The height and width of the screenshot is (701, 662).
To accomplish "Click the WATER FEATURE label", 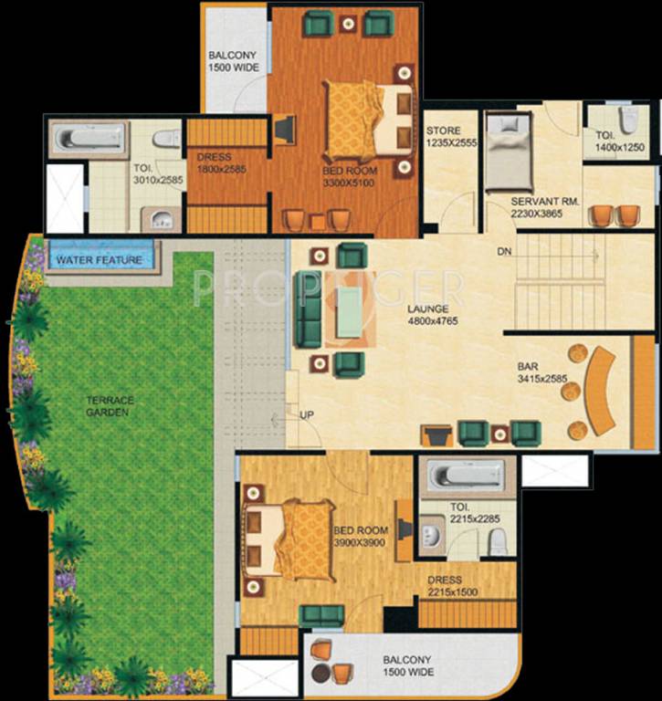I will (x=100, y=260).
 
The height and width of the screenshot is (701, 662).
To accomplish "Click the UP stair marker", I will (x=307, y=415).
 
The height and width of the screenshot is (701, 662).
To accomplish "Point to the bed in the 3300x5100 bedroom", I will (x=361, y=120).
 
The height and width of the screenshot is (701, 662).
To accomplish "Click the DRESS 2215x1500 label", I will (x=445, y=586).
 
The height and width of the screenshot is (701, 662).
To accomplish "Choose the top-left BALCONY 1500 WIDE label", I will (x=234, y=61).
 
